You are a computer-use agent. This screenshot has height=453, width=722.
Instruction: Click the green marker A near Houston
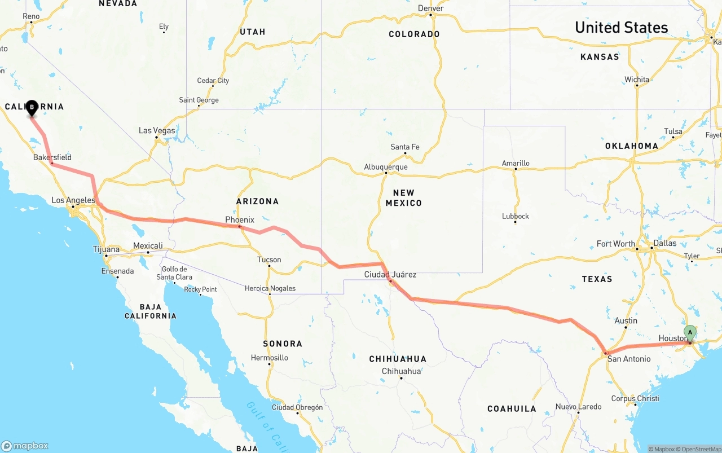point(689,332)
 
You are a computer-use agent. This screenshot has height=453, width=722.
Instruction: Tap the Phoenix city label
point(240,219)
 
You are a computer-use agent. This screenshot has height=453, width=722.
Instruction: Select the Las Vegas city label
point(157,130)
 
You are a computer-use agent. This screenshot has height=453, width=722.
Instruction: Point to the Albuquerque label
point(386,167)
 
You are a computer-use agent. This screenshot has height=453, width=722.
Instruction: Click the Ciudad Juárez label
point(390,275)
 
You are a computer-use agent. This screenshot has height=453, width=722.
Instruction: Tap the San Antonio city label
point(629,359)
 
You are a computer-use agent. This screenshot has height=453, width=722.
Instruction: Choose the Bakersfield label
point(52,157)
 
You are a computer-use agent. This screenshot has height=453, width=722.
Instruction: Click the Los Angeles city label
point(73,200)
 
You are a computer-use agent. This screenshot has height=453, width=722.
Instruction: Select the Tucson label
point(269,260)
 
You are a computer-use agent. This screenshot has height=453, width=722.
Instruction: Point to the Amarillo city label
point(516,163)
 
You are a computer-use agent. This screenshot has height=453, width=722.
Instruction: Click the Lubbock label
point(516,216)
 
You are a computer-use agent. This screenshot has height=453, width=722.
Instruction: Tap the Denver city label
point(431,8)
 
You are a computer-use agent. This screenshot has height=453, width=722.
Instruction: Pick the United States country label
point(621,27)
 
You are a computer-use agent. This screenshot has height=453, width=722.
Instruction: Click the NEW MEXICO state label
point(404,198)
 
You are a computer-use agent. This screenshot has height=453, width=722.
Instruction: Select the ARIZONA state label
point(257,201)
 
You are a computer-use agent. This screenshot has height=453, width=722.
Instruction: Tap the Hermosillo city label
point(269,358)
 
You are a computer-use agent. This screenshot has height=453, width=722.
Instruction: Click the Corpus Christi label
point(635,398)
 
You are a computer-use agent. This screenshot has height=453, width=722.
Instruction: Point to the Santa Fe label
point(405,147)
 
